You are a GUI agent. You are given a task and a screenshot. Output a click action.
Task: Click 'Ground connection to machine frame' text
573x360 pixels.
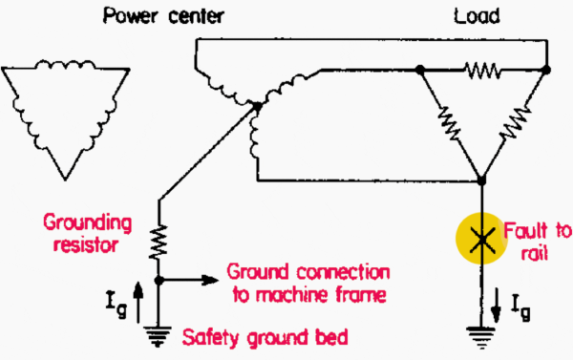[308, 284]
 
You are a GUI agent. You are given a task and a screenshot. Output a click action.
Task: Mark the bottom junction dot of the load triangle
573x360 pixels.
[483, 180]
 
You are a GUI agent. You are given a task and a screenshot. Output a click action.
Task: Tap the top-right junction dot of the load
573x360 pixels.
[545, 70]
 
